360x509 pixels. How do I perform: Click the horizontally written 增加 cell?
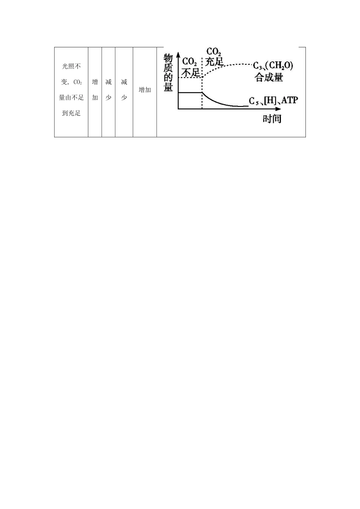pos(145,90)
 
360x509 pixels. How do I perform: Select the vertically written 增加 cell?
pos(95,90)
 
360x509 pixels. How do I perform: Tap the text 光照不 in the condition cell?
pos(71,67)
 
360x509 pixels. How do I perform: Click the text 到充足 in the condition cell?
pos(71,113)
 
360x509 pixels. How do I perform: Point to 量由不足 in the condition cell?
pos(71,98)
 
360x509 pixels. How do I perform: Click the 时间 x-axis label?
pos(272,119)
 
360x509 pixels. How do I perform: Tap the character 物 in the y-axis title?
pos(168,59)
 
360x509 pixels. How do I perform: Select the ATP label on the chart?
pos(290,100)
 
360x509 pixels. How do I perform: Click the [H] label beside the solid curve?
pos(270,100)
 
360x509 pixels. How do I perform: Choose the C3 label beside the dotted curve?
pos(258,66)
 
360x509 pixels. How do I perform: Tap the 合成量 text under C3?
pos(269,78)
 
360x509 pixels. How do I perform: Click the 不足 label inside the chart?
pos(191,72)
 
